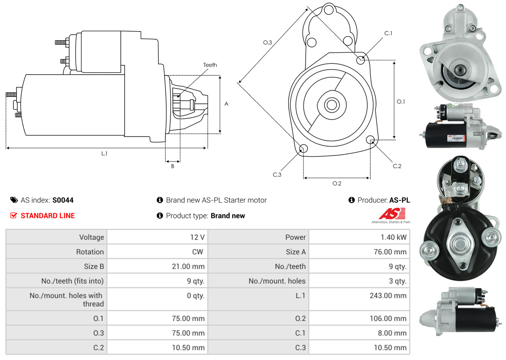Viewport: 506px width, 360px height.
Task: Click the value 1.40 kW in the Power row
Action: [x=393, y=237]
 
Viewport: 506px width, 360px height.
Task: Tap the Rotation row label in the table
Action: [x=90, y=252]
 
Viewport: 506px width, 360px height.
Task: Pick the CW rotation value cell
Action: [x=197, y=252]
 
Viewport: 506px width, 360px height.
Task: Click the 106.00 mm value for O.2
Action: [x=389, y=318]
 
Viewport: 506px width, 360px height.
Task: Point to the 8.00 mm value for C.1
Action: [x=392, y=333]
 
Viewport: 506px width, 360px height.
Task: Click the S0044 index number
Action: [x=63, y=200]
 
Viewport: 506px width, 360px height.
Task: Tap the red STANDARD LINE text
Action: [x=48, y=216]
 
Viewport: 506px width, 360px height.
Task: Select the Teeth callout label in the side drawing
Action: [x=210, y=65]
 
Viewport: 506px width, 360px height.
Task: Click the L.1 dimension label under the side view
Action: [x=104, y=153]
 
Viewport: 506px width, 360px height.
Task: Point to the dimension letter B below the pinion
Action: [x=173, y=166]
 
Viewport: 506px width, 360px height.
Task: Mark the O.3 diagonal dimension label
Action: [x=267, y=42]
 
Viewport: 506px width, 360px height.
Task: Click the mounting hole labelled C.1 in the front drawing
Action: [x=361, y=60]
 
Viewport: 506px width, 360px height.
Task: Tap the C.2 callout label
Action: [x=397, y=166]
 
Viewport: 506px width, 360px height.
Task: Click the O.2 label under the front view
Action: [x=337, y=183]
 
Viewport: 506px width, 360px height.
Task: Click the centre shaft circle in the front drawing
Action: [x=331, y=105]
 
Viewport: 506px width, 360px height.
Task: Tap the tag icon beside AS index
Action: [x=14, y=200]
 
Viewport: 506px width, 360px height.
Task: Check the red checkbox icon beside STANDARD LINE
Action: [x=14, y=216]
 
